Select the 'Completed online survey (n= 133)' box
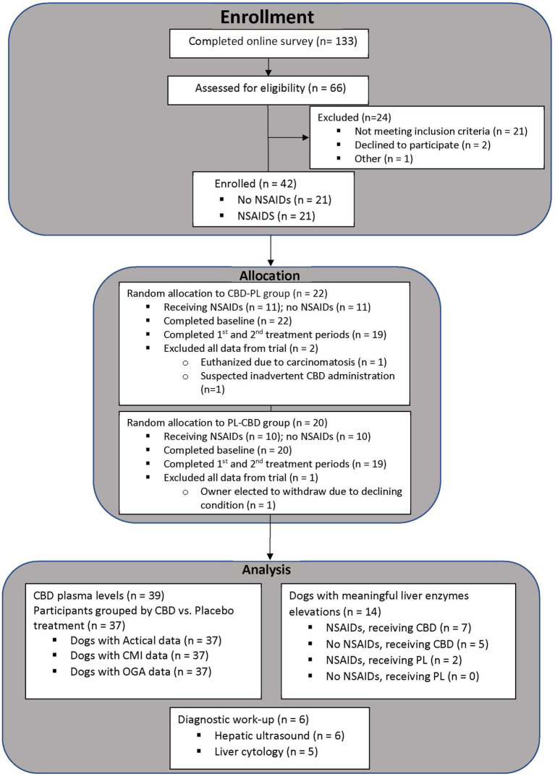(x=268, y=43)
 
